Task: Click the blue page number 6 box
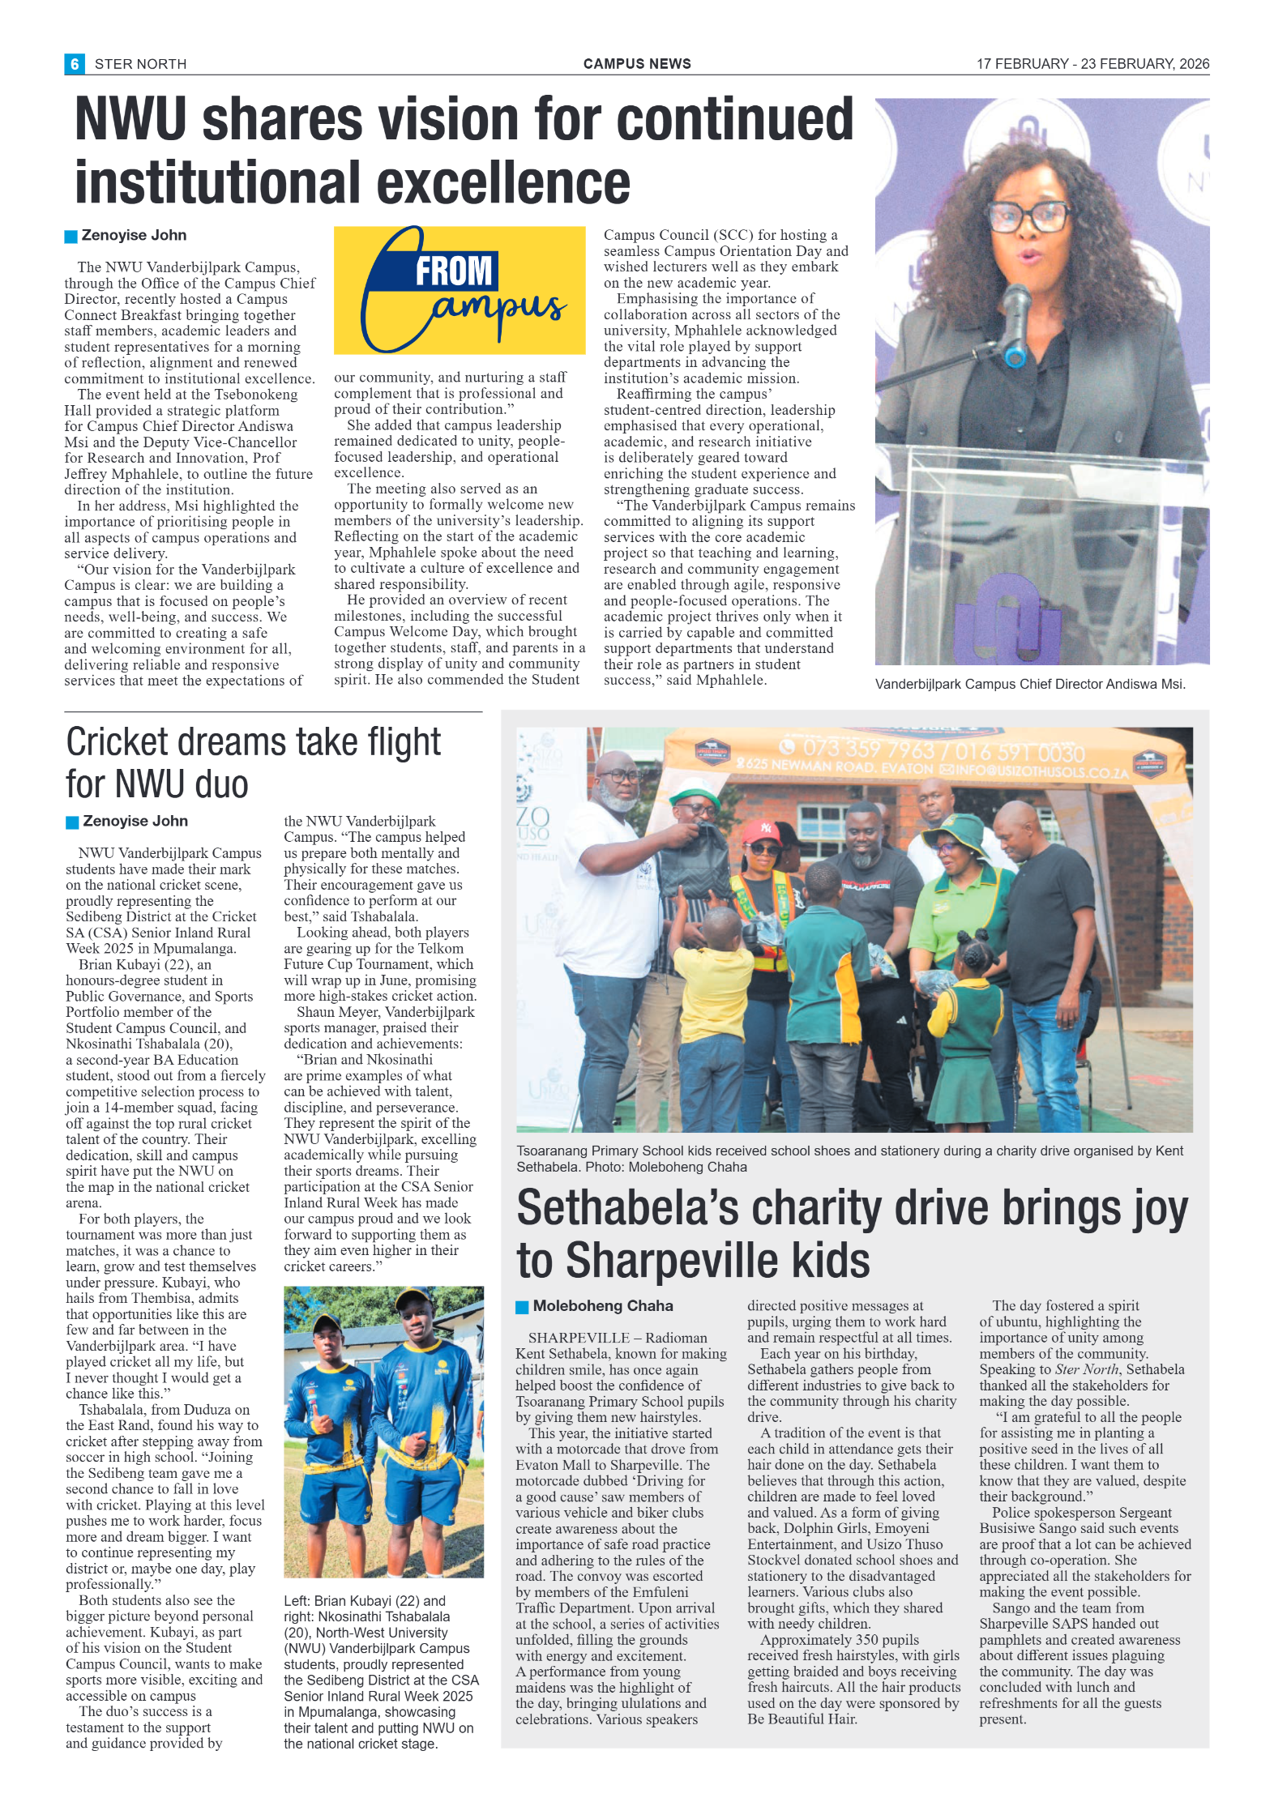tap(74, 64)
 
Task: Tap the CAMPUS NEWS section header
tap(637, 64)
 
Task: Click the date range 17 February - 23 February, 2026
tap(1092, 64)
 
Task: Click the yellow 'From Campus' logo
tap(460, 290)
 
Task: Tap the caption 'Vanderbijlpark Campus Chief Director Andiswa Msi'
tap(1029, 684)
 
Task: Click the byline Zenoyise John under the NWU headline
tap(134, 235)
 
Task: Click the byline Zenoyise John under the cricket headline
tap(135, 821)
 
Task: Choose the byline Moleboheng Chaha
tap(603, 1305)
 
